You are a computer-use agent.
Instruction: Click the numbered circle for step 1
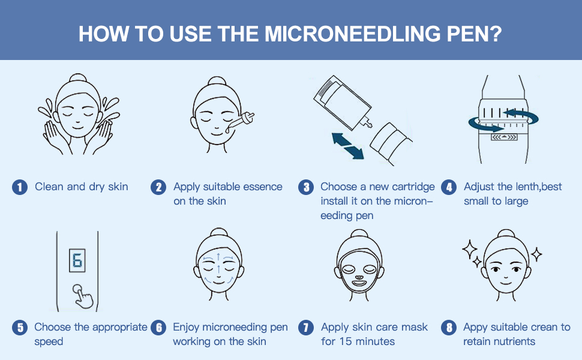click(x=20, y=187)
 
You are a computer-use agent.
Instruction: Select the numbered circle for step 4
click(x=449, y=187)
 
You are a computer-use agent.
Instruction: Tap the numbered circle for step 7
click(x=307, y=328)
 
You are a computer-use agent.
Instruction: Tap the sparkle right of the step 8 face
click(x=536, y=255)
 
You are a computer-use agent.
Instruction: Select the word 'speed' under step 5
click(x=49, y=341)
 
